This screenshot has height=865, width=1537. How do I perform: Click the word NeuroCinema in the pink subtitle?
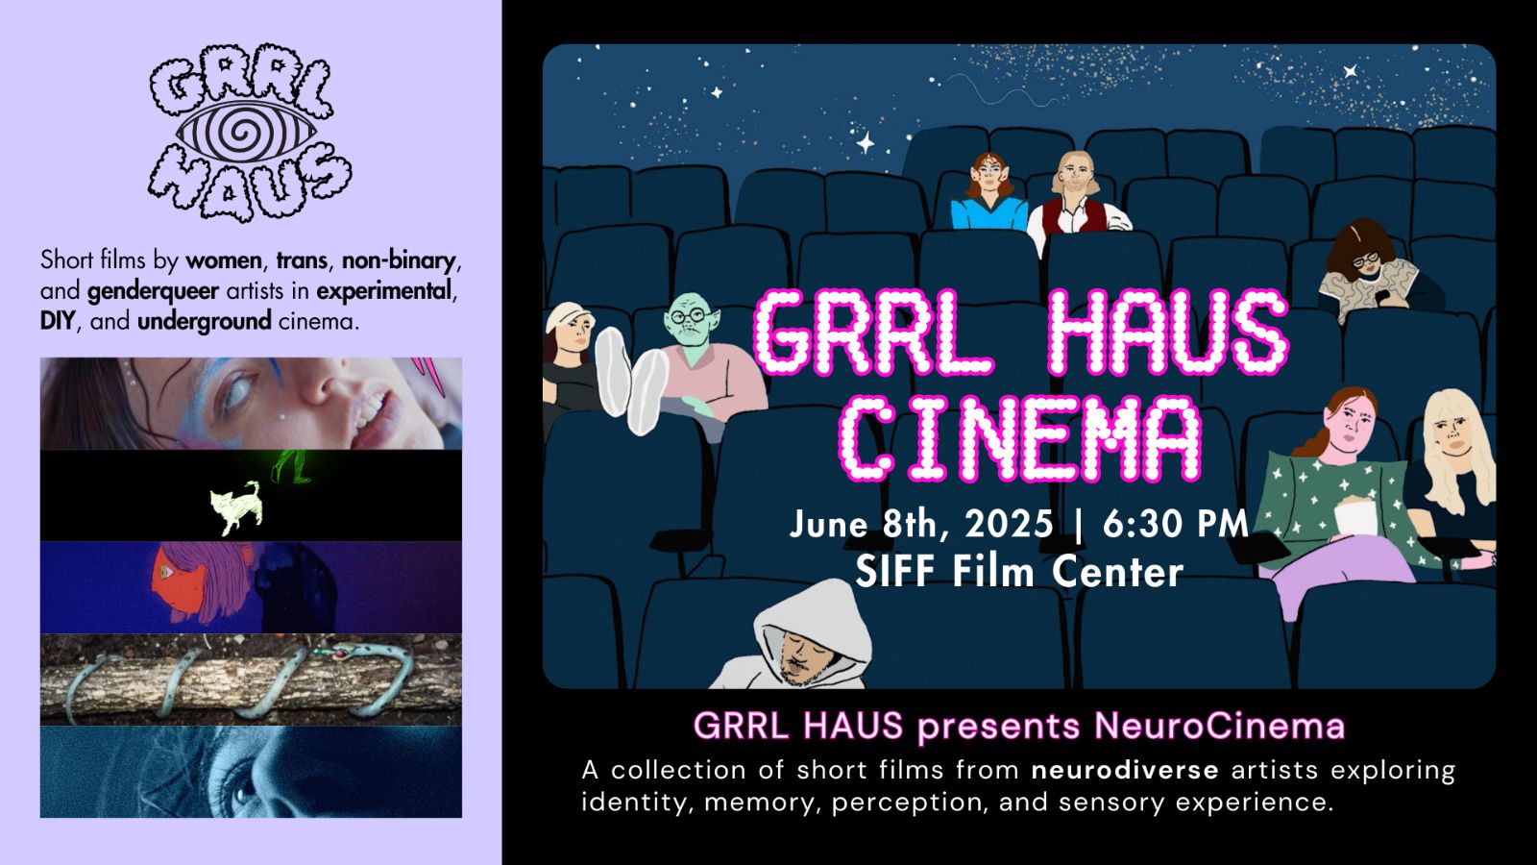pyautogui.click(x=1219, y=726)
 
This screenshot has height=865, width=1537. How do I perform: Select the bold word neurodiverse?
pyautogui.click(x=1125, y=770)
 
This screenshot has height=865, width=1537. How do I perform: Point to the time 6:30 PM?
pyautogui.click(x=1175, y=524)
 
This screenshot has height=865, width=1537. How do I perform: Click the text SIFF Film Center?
pyautogui.click(x=1019, y=572)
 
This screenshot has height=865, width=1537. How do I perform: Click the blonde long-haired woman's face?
pyautogui.click(x=1453, y=437)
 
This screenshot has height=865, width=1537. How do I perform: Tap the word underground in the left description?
pyautogui.click(x=204, y=321)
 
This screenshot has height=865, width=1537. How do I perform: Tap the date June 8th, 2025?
pyautogui.click(x=920, y=524)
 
